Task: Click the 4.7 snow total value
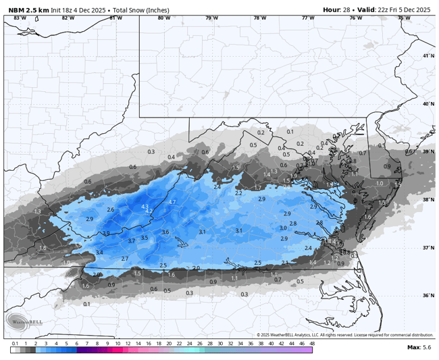pos(172,202)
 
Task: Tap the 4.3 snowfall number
pos(145,207)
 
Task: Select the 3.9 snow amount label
pos(105,233)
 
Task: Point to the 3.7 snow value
pos(132,240)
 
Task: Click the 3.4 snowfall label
pos(99,252)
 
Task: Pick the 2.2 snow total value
pos(238,193)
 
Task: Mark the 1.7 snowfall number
pos(257,188)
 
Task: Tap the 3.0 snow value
pos(283,228)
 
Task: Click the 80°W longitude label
pos(164,18)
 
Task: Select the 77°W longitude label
pos(308,18)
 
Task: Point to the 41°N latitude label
pos(428,56)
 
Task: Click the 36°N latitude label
pos(428,295)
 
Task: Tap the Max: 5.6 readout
pos(419,347)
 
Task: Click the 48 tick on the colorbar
pos(312,343)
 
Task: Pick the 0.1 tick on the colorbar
pos(14,343)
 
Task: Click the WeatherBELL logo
pos(24,322)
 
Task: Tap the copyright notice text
pos(344,335)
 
